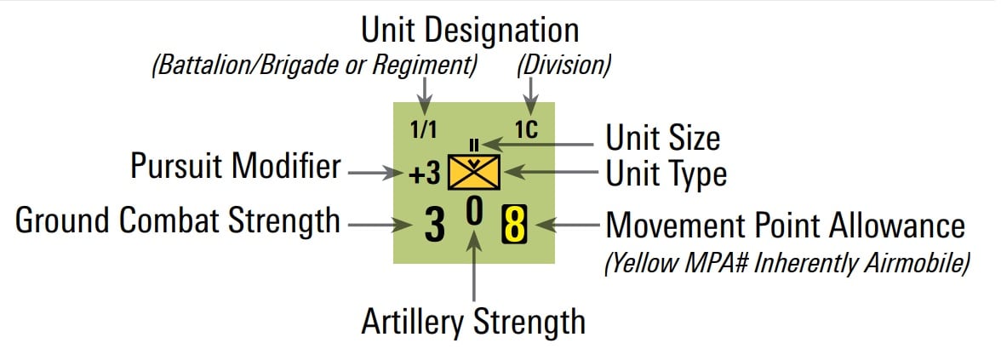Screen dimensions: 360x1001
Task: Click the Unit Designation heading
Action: pyautogui.click(x=470, y=31)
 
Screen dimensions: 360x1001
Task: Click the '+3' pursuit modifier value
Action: pyautogui.click(x=423, y=174)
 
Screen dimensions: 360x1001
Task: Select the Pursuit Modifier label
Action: pyautogui.click(x=236, y=167)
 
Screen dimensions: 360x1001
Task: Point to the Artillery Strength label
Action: pyautogui.click(x=473, y=322)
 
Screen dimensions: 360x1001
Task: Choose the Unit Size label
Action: pyautogui.click(x=662, y=138)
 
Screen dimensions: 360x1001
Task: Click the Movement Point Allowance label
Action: pyautogui.click(x=785, y=226)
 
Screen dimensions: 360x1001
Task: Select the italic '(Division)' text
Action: pyautogui.click(x=565, y=65)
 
